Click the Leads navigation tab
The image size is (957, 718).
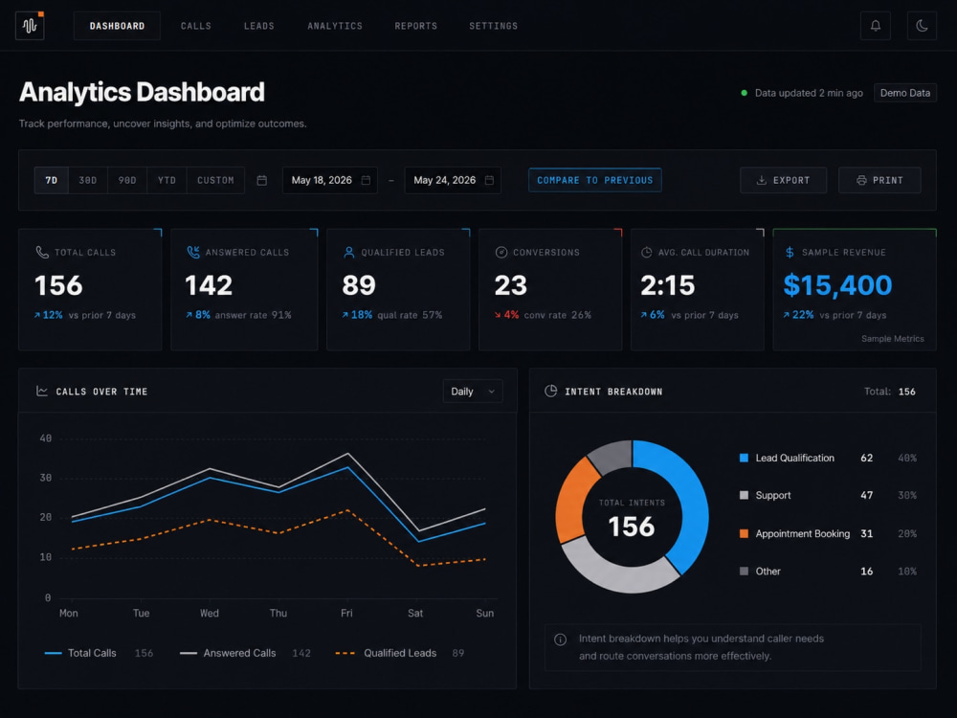click(258, 26)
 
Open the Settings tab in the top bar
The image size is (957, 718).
click(493, 26)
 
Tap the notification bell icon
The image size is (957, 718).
click(876, 26)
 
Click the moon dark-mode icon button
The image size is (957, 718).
click(922, 26)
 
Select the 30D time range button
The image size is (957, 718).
click(88, 180)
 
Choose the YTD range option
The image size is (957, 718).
click(167, 180)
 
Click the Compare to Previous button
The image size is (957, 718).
click(595, 180)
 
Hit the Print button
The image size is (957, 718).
click(879, 180)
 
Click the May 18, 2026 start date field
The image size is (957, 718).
click(330, 180)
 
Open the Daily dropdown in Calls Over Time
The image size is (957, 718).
click(473, 392)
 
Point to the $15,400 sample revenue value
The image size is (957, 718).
click(837, 285)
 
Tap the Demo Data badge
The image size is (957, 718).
click(905, 93)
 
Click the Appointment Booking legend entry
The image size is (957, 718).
click(802, 533)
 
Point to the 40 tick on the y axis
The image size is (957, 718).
click(46, 438)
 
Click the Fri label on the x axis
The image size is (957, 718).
click(346, 613)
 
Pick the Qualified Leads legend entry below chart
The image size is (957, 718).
click(400, 653)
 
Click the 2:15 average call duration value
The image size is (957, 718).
click(668, 285)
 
